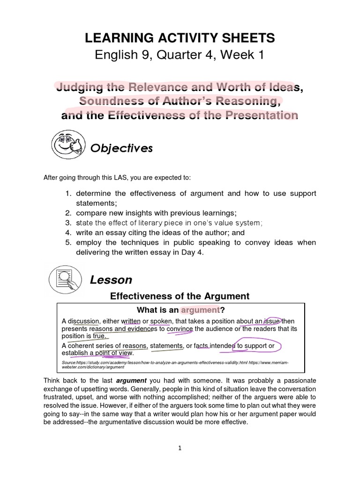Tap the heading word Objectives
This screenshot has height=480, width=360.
pos(121,149)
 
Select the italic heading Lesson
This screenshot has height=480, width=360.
pos(111,280)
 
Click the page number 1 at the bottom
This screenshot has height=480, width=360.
pos(180,448)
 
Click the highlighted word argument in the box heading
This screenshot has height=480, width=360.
pos(200,310)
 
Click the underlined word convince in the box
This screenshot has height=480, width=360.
pos(180,329)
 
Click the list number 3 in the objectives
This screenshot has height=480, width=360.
pos(67,223)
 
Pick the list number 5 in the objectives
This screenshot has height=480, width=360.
pos(67,242)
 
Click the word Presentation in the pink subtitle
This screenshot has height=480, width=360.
pos(262,115)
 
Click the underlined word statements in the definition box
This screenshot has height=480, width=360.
pos(166,346)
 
